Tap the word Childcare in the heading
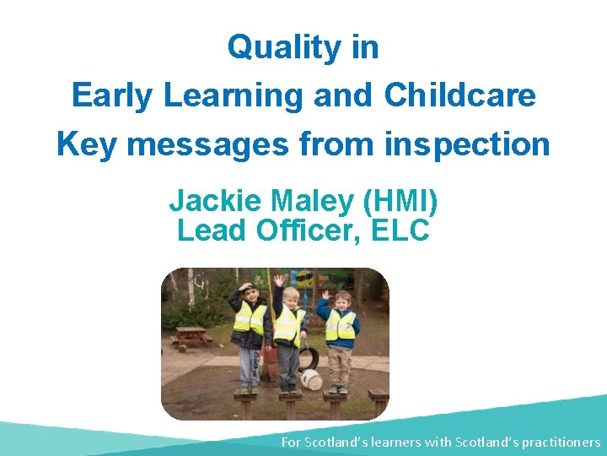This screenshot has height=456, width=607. click(x=459, y=95)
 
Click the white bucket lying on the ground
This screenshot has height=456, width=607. click(x=311, y=380)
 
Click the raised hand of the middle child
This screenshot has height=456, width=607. click(x=278, y=280)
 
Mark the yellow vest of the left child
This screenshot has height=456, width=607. click(x=250, y=318)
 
